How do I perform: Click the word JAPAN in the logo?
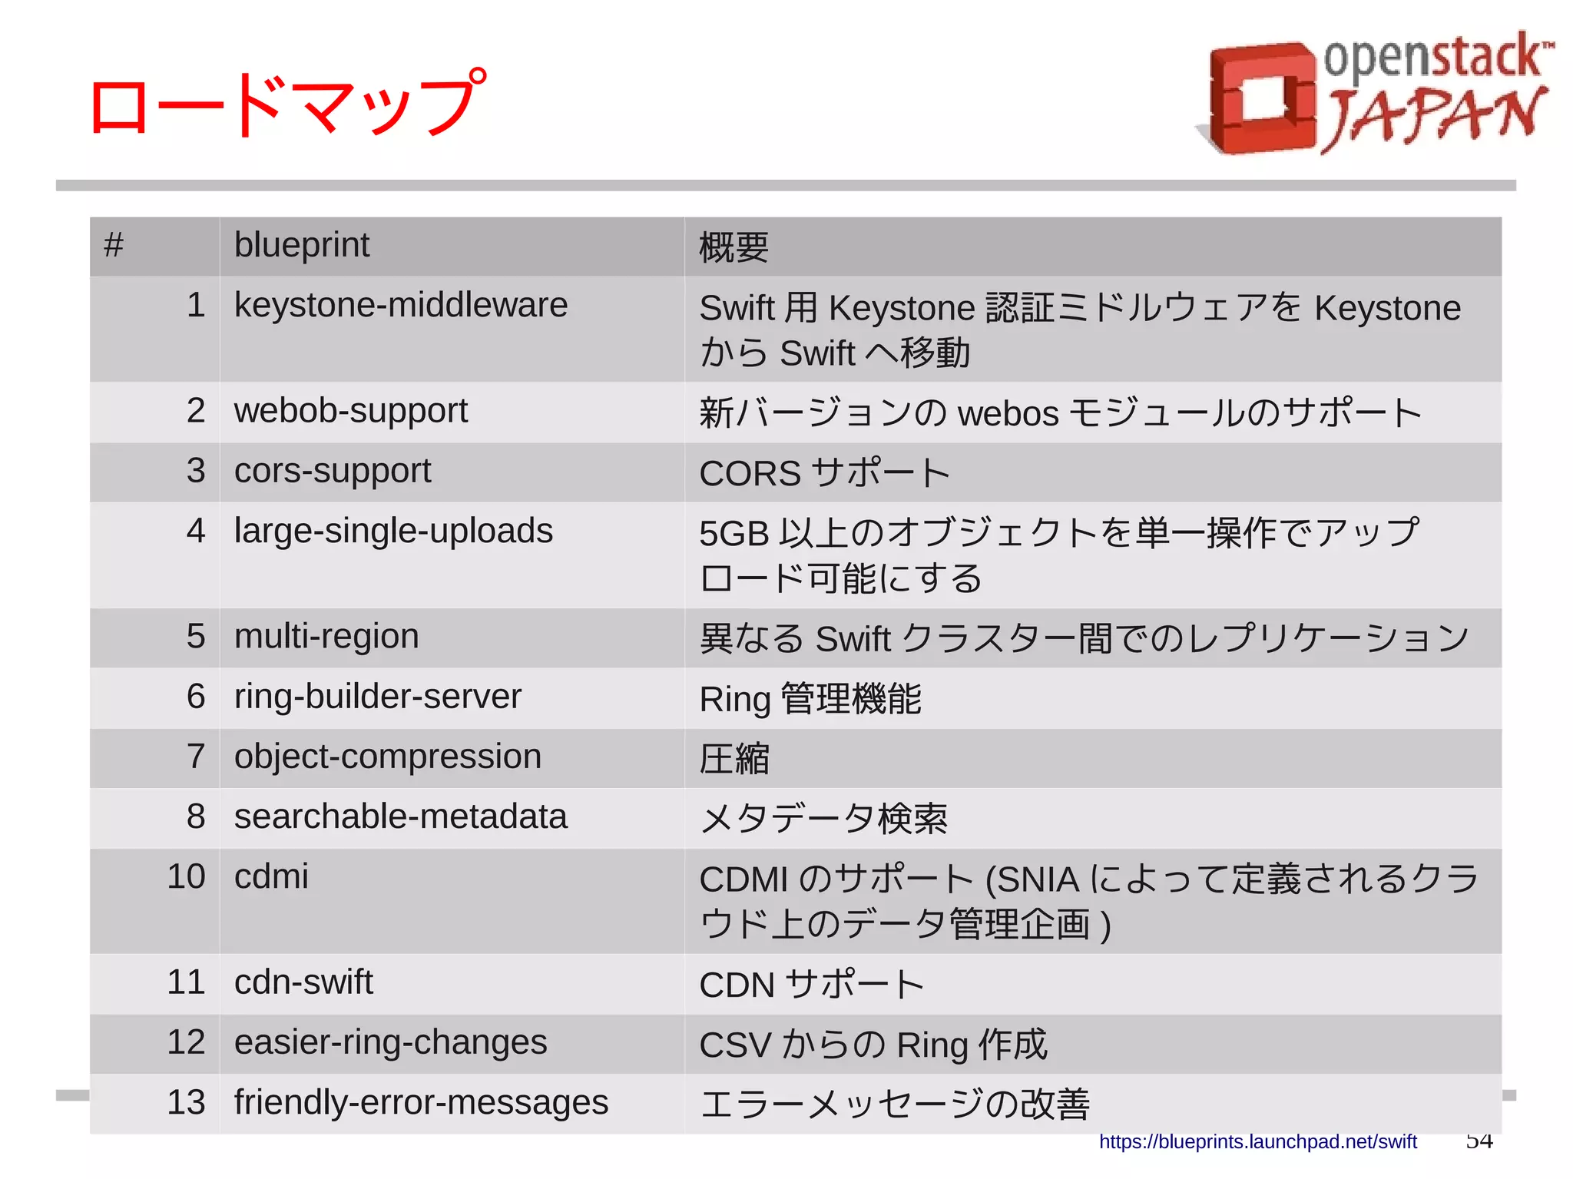(x=1435, y=117)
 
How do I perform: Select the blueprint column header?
(x=302, y=246)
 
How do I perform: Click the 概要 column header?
(x=734, y=247)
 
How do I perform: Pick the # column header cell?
(x=114, y=246)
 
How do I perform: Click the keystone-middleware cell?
(x=400, y=306)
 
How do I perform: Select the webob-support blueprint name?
(x=350, y=411)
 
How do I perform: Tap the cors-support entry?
(x=333, y=471)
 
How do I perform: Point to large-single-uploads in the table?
(x=393, y=531)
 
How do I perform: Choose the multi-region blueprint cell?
(x=326, y=637)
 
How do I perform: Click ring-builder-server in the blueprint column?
(x=377, y=697)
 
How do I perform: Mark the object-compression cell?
(x=388, y=757)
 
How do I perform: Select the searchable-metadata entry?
(x=400, y=816)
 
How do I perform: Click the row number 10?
(x=186, y=876)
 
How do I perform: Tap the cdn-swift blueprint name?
(x=303, y=982)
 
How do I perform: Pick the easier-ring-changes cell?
(x=390, y=1042)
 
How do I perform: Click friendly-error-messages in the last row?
(x=421, y=1102)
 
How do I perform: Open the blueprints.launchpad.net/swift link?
(x=1257, y=1142)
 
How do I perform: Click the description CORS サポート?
(x=824, y=472)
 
